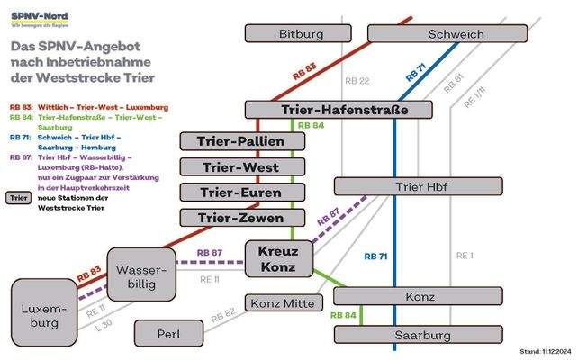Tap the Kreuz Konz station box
tap(278, 258)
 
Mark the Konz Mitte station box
tap(280, 303)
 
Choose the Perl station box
tap(168, 334)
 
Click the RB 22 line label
tap(358, 81)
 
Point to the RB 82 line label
tap(223, 315)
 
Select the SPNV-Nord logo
tap(38, 19)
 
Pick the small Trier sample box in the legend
tap(18, 198)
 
